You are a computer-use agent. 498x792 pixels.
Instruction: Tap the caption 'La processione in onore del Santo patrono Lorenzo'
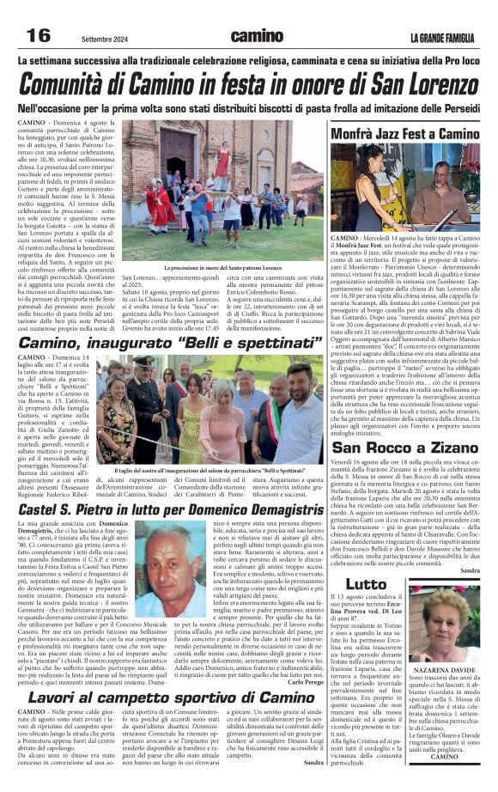224,268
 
